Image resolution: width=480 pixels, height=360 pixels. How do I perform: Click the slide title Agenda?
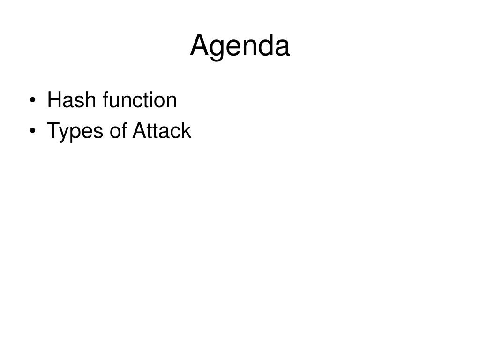click(240, 46)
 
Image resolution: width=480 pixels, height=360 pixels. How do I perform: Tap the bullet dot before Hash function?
click(33, 100)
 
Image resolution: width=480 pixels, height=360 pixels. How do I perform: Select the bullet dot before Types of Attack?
click(33, 131)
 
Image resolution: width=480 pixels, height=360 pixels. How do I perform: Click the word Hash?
click(71, 100)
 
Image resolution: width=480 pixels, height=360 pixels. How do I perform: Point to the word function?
click(140, 100)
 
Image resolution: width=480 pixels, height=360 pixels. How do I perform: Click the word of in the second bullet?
click(118, 130)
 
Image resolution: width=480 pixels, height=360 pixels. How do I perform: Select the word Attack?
click(162, 130)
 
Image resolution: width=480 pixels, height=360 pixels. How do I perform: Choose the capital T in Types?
click(54, 130)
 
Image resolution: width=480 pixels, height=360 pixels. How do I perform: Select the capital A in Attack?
click(140, 130)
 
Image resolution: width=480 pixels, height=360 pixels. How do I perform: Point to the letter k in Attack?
click(186, 130)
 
